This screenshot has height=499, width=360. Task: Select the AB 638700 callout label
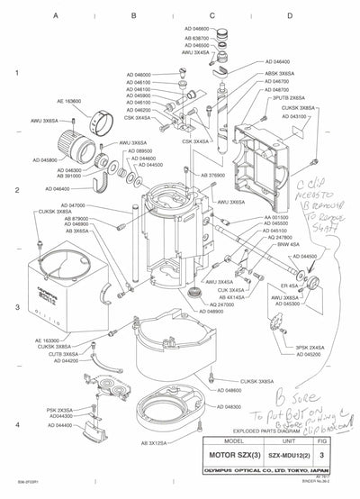[x=195, y=39]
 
